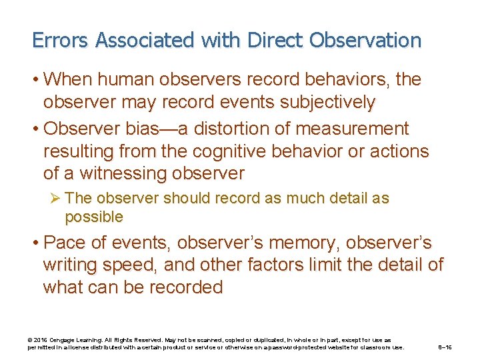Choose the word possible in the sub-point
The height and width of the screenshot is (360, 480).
94,217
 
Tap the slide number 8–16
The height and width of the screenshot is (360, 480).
445,347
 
